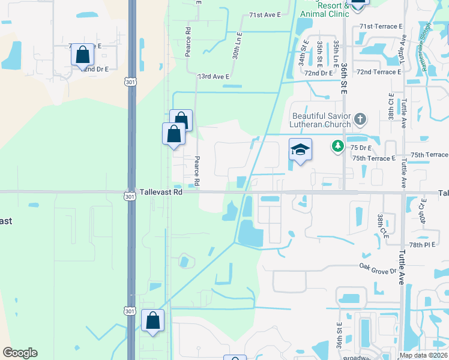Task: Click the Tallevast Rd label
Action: pyautogui.click(x=161, y=193)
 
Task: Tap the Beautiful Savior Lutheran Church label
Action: pyautogui.click(x=321, y=120)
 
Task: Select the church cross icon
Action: pyautogui.click(x=360, y=118)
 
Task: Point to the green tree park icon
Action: pyautogui.click(x=338, y=146)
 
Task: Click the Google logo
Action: pyautogui.click(x=20, y=353)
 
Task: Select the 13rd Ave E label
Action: pyautogui.click(x=214, y=77)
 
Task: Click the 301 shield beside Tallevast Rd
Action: pyautogui.click(x=130, y=196)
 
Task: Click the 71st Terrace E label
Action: pyautogui.click(x=378, y=26)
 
